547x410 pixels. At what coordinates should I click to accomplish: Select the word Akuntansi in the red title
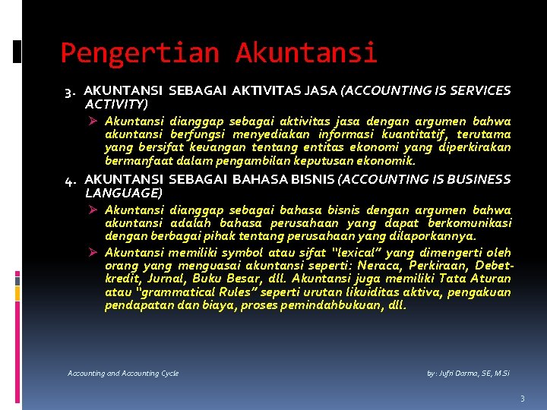tap(305, 53)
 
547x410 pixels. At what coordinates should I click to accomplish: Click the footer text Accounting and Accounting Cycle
tap(123, 374)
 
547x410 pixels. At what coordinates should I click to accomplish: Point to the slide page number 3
tap(523, 399)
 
